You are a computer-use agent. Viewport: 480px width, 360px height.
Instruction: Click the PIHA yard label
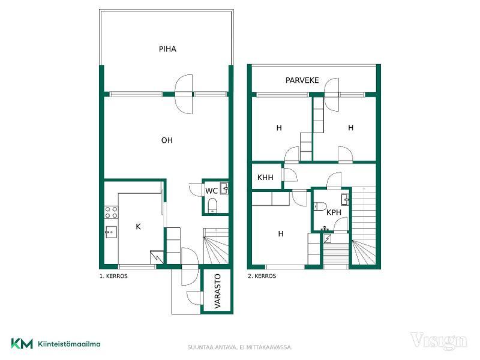[167, 49]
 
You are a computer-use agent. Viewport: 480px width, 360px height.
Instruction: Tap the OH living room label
[167, 140]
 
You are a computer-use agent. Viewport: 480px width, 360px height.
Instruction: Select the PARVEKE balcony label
[302, 80]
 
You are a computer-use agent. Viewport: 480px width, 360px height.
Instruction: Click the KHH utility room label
[265, 177]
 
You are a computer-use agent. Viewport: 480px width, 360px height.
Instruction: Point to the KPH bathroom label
[334, 212]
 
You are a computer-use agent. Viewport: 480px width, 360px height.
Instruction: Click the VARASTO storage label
[217, 291]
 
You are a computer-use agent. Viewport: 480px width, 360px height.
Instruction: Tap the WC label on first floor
[211, 191]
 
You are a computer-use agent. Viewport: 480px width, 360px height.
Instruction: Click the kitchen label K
[138, 227]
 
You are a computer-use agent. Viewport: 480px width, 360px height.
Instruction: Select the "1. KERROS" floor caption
[113, 276]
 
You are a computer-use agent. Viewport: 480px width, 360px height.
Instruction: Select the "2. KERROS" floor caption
[262, 276]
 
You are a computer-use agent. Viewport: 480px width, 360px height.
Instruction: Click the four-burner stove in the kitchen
[111, 212]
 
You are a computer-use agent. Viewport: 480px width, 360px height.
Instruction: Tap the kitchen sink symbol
[110, 232]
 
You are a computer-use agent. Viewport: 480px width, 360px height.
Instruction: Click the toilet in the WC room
[212, 205]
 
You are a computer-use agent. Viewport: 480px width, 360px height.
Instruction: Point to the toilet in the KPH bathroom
[319, 206]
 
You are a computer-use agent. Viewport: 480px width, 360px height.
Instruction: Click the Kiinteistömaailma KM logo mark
[22, 343]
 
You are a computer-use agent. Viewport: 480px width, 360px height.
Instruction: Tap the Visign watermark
[439, 341]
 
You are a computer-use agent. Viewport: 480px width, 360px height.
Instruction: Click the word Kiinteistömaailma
[69, 344]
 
